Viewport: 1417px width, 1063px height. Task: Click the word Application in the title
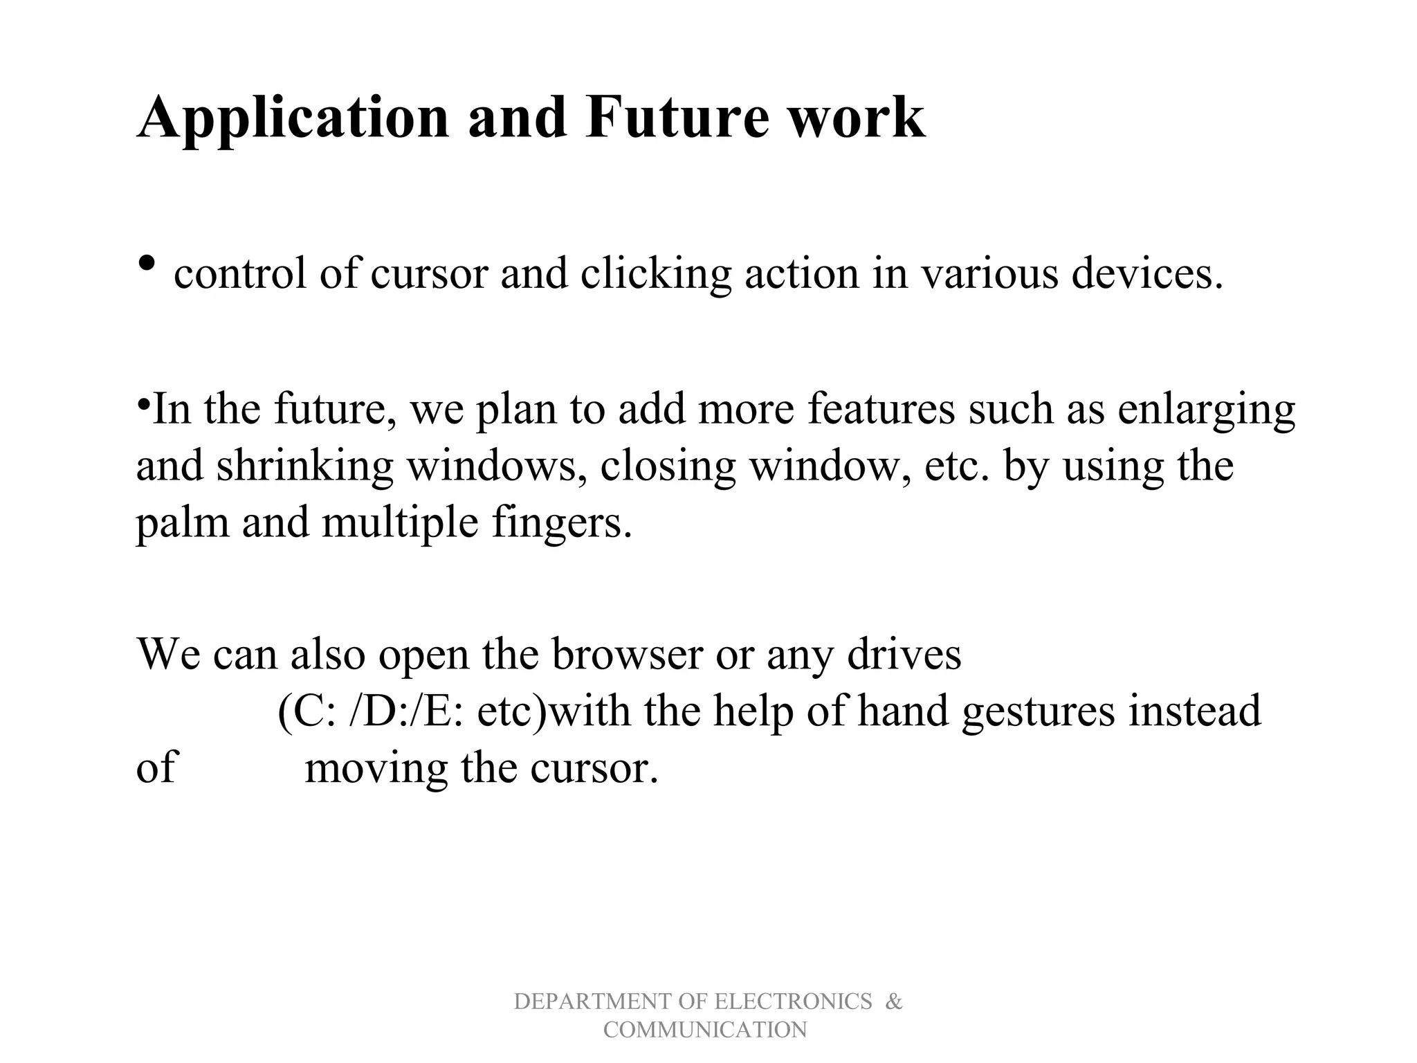[x=293, y=118]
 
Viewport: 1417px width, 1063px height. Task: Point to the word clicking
[x=655, y=274]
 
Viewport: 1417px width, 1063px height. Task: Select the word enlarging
[x=1206, y=410]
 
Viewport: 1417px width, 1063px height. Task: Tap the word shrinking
[x=304, y=466]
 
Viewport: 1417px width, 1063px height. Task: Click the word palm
[x=182, y=523]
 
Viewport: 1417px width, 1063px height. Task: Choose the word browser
[x=627, y=653]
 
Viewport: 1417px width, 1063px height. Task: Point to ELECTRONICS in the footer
[x=793, y=1001]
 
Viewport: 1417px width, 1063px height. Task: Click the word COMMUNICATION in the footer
[x=705, y=1030]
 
